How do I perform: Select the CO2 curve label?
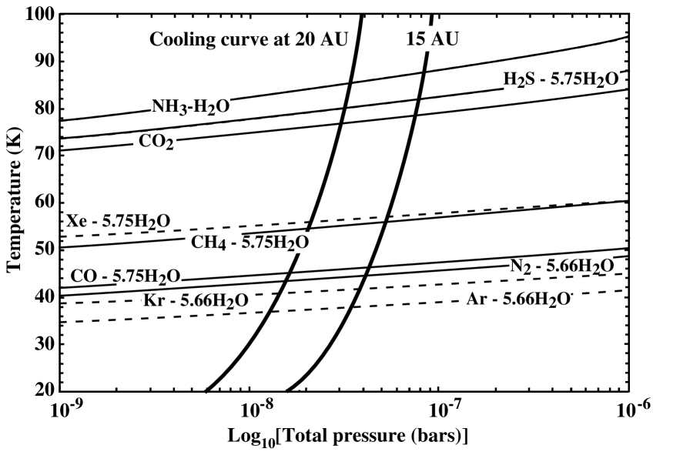coord(156,141)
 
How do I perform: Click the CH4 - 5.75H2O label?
coord(250,242)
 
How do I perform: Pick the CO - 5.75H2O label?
coord(126,276)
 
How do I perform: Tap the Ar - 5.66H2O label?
coord(518,299)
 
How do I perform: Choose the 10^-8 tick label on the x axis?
coord(253,408)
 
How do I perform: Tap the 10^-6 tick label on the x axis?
coord(628,408)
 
